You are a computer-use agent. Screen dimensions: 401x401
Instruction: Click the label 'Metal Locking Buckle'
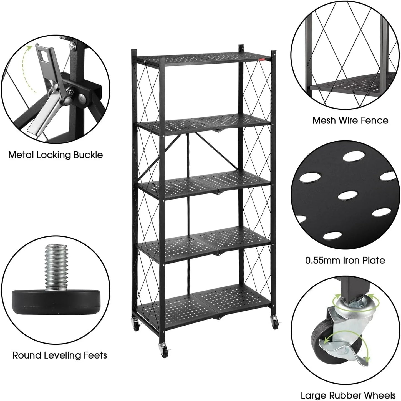pos(56,155)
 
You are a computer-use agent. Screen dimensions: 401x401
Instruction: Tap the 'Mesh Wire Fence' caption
pos(350,120)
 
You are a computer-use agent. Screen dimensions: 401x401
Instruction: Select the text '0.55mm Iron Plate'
pos(345,260)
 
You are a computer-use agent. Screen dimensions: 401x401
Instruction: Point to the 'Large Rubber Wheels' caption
pos(348,395)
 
